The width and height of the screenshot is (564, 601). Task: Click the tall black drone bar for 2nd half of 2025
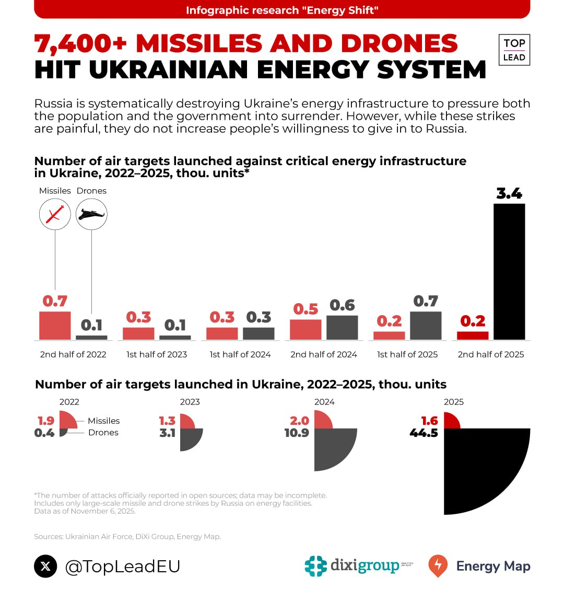coord(509,272)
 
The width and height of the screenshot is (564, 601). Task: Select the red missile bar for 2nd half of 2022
coord(55,326)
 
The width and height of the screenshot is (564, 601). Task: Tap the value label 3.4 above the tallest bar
coord(509,194)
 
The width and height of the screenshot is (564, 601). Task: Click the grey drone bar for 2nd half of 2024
coord(342,328)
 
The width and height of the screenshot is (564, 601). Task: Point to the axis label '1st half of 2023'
coord(157,354)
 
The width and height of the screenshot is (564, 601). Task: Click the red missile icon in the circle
coord(55,214)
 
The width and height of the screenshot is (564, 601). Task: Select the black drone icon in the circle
coord(91,214)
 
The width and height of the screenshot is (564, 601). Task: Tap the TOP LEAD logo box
coord(514,50)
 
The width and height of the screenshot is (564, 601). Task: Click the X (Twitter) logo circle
coord(45,566)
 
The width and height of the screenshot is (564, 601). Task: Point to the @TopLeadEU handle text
coord(123,567)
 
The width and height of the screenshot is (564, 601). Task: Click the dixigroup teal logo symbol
coord(315,566)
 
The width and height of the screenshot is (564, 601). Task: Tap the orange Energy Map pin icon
coord(438,565)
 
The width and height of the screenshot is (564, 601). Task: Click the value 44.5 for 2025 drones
coord(424,433)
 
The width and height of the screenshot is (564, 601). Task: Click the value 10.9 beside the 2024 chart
coord(297,433)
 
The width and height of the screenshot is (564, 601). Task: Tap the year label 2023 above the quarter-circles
coord(190,402)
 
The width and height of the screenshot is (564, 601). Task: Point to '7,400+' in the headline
coord(81,44)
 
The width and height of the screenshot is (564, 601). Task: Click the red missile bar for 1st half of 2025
coord(389,336)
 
